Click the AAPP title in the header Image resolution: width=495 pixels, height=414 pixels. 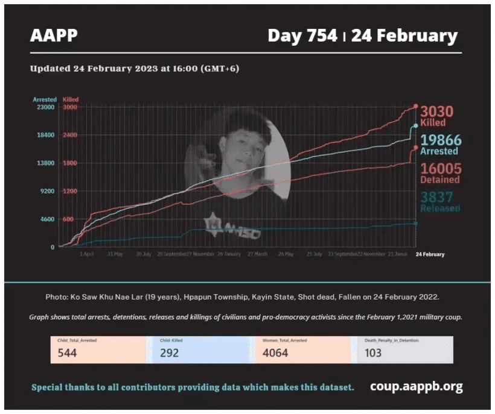pos(54,36)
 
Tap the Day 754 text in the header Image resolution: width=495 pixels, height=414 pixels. pos(302,36)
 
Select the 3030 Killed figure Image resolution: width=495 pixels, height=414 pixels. pos(436,112)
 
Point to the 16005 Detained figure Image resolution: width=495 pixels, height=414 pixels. pos(440,169)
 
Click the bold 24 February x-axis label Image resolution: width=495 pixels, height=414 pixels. pos(430,254)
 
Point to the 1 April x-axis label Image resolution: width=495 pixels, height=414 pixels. pos(87,254)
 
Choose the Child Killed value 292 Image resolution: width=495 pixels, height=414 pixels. pos(169,353)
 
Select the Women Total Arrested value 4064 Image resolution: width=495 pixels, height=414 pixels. pos(275,353)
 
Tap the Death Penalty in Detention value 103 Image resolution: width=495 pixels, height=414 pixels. pos(373,353)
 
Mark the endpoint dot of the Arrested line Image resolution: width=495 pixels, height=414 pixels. pos(415,126)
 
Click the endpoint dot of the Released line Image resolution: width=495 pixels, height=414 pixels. pos(415,224)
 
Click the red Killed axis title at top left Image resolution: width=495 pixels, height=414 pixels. pos(71,99)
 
